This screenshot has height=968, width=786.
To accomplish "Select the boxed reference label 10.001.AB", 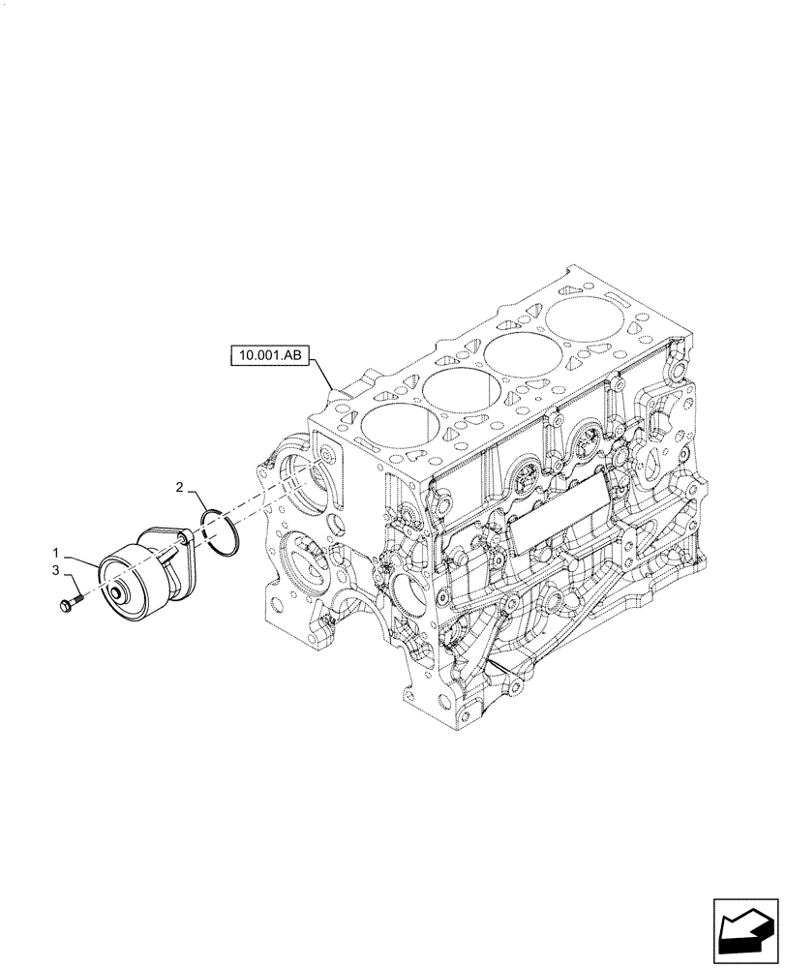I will tap(268, 357).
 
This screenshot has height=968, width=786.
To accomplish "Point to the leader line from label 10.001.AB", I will tap(322, 373).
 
